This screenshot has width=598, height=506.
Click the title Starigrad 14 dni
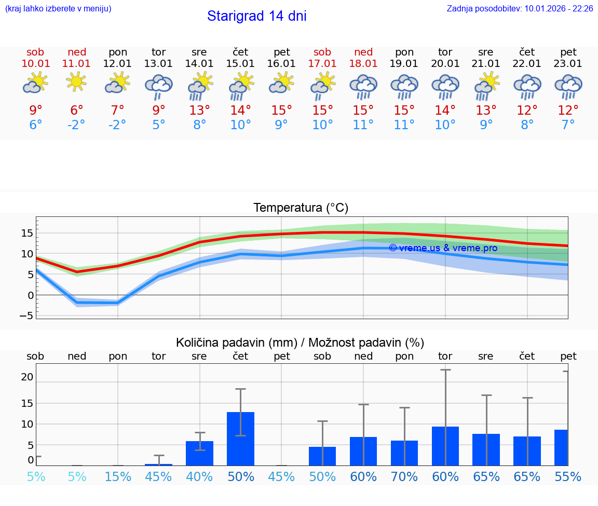pos(256,16)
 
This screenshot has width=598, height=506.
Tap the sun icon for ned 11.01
pos(76,81)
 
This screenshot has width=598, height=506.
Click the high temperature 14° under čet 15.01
pos(240,111)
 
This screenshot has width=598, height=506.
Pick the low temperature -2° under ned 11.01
pos(76,125)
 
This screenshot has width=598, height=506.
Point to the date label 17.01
pos(322,64)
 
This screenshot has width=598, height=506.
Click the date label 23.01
pos(568,64)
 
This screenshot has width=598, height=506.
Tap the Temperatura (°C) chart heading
pos(301,208)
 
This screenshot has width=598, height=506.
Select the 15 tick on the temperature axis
pos(27,233)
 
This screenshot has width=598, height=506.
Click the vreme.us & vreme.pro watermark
pos(443,248)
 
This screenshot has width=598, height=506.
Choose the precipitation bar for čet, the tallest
pos(240,439)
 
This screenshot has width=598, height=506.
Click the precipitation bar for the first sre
pos(199,453)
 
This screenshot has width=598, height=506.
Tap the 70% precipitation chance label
pos(404,476)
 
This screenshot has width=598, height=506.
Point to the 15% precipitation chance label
pos(118,476)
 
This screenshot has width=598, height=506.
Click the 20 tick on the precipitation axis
pos(27,377)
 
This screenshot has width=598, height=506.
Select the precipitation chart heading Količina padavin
pos(300,343)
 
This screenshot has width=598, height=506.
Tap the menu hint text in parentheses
pos(58,9)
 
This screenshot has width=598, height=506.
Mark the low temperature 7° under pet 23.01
pos(568,125)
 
